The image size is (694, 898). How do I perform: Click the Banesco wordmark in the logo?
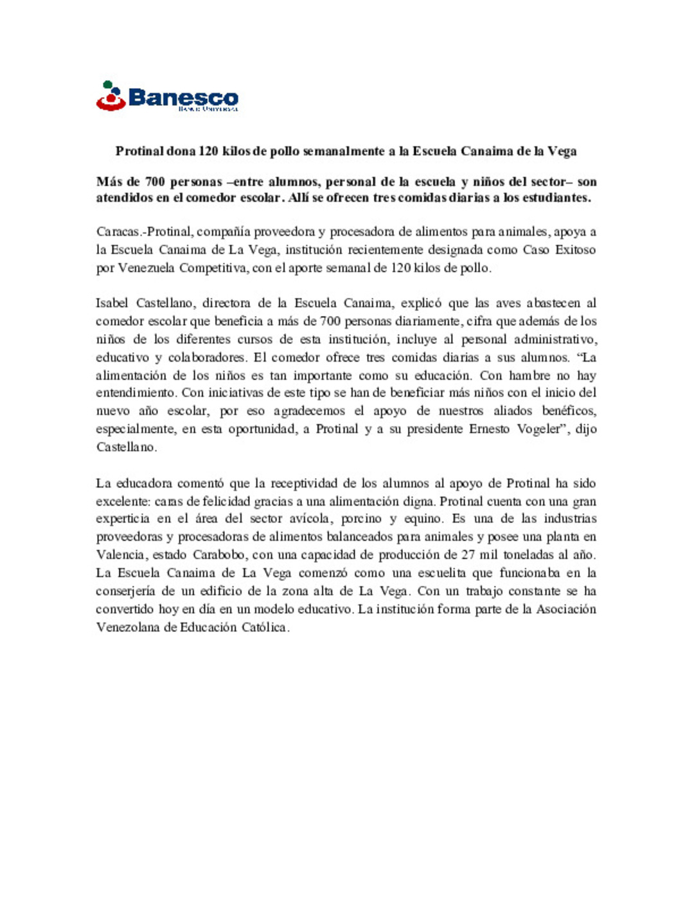click(x=183, y=98)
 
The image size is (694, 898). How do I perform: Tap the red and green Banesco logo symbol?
click(x=111, y=96)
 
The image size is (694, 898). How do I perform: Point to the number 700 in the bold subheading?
click(x=155, y=182)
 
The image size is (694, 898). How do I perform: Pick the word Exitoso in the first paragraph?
click(x=574, y=250)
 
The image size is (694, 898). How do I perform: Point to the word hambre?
click(x=529, y=375)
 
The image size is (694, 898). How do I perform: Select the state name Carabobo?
click(x=218, y=555)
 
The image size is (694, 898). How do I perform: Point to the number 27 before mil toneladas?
click(x=468, y=555)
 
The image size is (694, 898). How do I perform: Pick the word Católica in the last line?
click(x=265, y=628)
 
